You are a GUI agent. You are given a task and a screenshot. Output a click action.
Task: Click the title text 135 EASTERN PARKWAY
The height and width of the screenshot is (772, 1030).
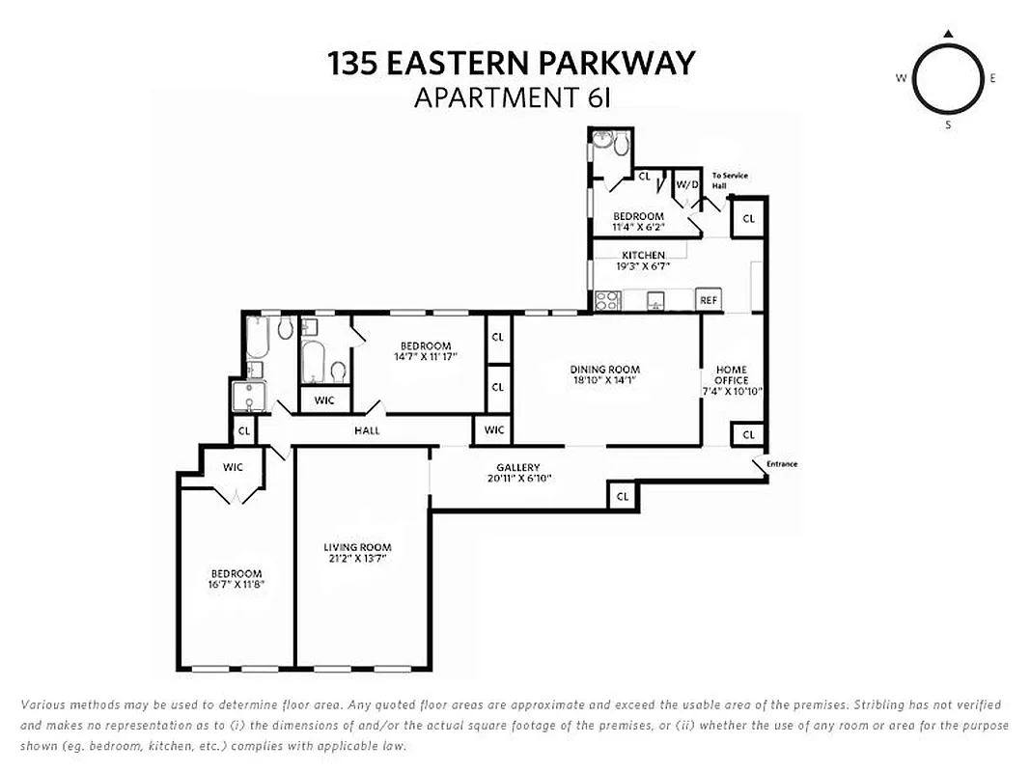pyautogui.click(x=512, y=64)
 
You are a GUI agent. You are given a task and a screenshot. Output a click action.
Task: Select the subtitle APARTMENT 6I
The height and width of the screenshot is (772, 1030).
pyautogui.click(x=512, y=97)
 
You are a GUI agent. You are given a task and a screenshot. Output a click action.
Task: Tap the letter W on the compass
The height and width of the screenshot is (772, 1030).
pyautogui.click(x=901, y=79)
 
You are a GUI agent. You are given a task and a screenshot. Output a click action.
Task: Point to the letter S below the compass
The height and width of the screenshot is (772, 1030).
pyautogui.click(x=948, y=124)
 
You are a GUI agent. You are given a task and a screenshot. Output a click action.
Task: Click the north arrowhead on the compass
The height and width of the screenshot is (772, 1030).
pyautogui.click(x=948, y=35)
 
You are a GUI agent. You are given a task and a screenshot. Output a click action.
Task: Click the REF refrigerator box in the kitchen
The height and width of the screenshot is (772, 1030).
pyautogui.click(x=710, y=301)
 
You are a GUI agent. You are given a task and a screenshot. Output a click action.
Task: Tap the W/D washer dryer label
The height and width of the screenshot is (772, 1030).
pyautogui.click(x=686, y=183)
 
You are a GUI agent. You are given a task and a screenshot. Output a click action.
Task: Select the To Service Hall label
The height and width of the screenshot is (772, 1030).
pyautogui.click(x=729, y=180)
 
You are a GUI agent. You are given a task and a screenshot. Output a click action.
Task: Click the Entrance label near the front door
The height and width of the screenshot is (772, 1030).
pyautogui.click(x=782, y=464)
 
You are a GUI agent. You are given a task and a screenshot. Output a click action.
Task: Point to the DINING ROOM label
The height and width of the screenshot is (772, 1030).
pyautogui.click(x=604, y=370)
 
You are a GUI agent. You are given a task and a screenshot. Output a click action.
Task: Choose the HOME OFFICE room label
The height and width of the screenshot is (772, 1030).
pyautogui.click(x=732, y=374)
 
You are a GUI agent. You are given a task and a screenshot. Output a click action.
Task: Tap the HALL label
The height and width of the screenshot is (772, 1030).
pyautogui.click(x=367, y=430)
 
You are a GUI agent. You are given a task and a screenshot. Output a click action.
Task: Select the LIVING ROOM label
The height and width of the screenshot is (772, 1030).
pyautogui.click(x=357, y=547)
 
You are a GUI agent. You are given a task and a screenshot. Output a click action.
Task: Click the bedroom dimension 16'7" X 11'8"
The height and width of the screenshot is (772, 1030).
pyautogui.click(x=237, y=584)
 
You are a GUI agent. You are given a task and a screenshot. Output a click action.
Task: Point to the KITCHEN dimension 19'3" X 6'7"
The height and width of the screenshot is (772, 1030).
pyautogui.click(x=643, y=266)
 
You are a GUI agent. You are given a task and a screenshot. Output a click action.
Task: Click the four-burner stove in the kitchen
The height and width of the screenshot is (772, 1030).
pyautogui.click(x=608, y=301)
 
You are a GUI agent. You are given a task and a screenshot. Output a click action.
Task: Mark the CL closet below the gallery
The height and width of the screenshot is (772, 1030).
pyautogui.click(x=623, y=497)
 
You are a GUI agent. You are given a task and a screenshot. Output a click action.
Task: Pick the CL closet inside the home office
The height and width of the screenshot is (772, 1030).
pyautogui.click(x=748, y=435)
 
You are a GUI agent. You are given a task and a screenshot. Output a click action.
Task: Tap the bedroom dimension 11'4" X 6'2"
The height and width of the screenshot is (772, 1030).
pyautogui.click(x=638, y=228)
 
